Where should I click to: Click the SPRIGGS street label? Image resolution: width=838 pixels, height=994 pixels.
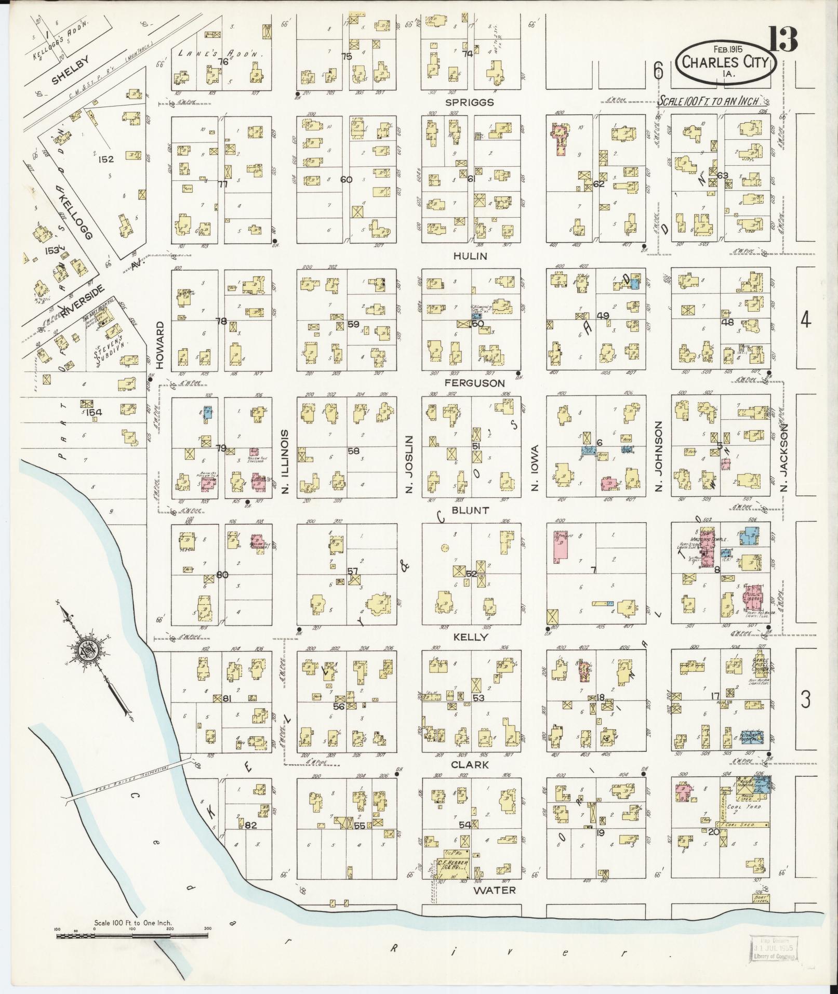tap(469, 103)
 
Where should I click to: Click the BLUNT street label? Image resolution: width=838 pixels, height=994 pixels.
tap(470, 510)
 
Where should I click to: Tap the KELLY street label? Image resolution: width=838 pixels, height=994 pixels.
tap(471, 637)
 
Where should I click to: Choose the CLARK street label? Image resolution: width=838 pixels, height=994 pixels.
tap(470, 764)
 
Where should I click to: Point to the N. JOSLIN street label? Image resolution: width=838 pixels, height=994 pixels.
tap(409, 464)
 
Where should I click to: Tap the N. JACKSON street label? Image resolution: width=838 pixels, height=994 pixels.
tap(784, 457)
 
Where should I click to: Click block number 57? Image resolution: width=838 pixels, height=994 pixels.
tap(353, 572)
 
